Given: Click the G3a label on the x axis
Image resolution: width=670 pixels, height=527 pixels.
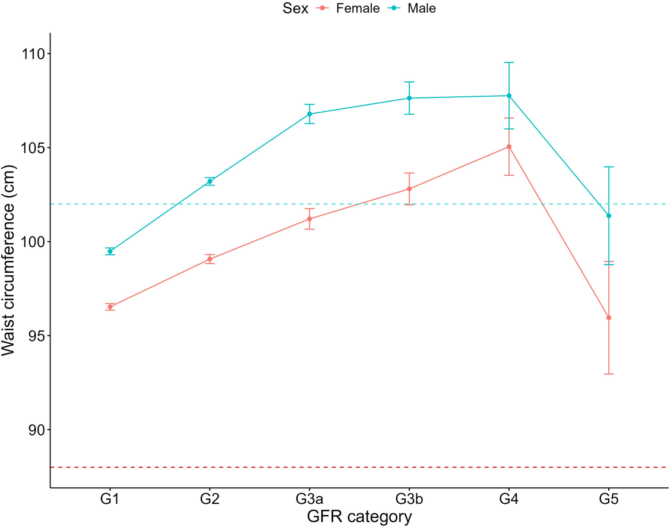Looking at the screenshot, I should coord(309,499).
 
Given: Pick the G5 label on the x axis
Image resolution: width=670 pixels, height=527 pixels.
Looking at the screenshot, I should coord(609,499).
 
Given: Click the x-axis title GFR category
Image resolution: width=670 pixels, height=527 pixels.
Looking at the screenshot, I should coord(359,516).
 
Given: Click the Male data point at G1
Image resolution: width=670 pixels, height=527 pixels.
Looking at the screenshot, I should coord(110,251).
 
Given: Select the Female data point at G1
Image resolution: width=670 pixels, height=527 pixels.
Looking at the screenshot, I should coord(110,307).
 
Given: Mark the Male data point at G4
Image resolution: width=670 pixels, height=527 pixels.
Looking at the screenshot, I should coord(509,96).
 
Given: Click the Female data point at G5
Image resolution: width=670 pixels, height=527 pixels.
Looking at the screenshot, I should coord(609,318).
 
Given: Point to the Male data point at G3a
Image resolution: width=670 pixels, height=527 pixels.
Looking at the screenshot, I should coord(309,114).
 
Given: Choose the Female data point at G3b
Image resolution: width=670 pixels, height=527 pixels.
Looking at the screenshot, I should coord(409,189).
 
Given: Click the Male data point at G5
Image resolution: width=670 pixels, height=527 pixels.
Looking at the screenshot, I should coord(609,216).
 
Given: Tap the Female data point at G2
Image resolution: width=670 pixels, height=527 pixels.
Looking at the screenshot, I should coord(210,259).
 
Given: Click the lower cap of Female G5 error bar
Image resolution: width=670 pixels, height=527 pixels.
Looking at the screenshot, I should coord(609,374).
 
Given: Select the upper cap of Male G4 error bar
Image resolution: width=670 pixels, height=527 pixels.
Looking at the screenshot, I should coord(509,62).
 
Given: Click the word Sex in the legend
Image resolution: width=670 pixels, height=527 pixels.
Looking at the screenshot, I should coord(295,8).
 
